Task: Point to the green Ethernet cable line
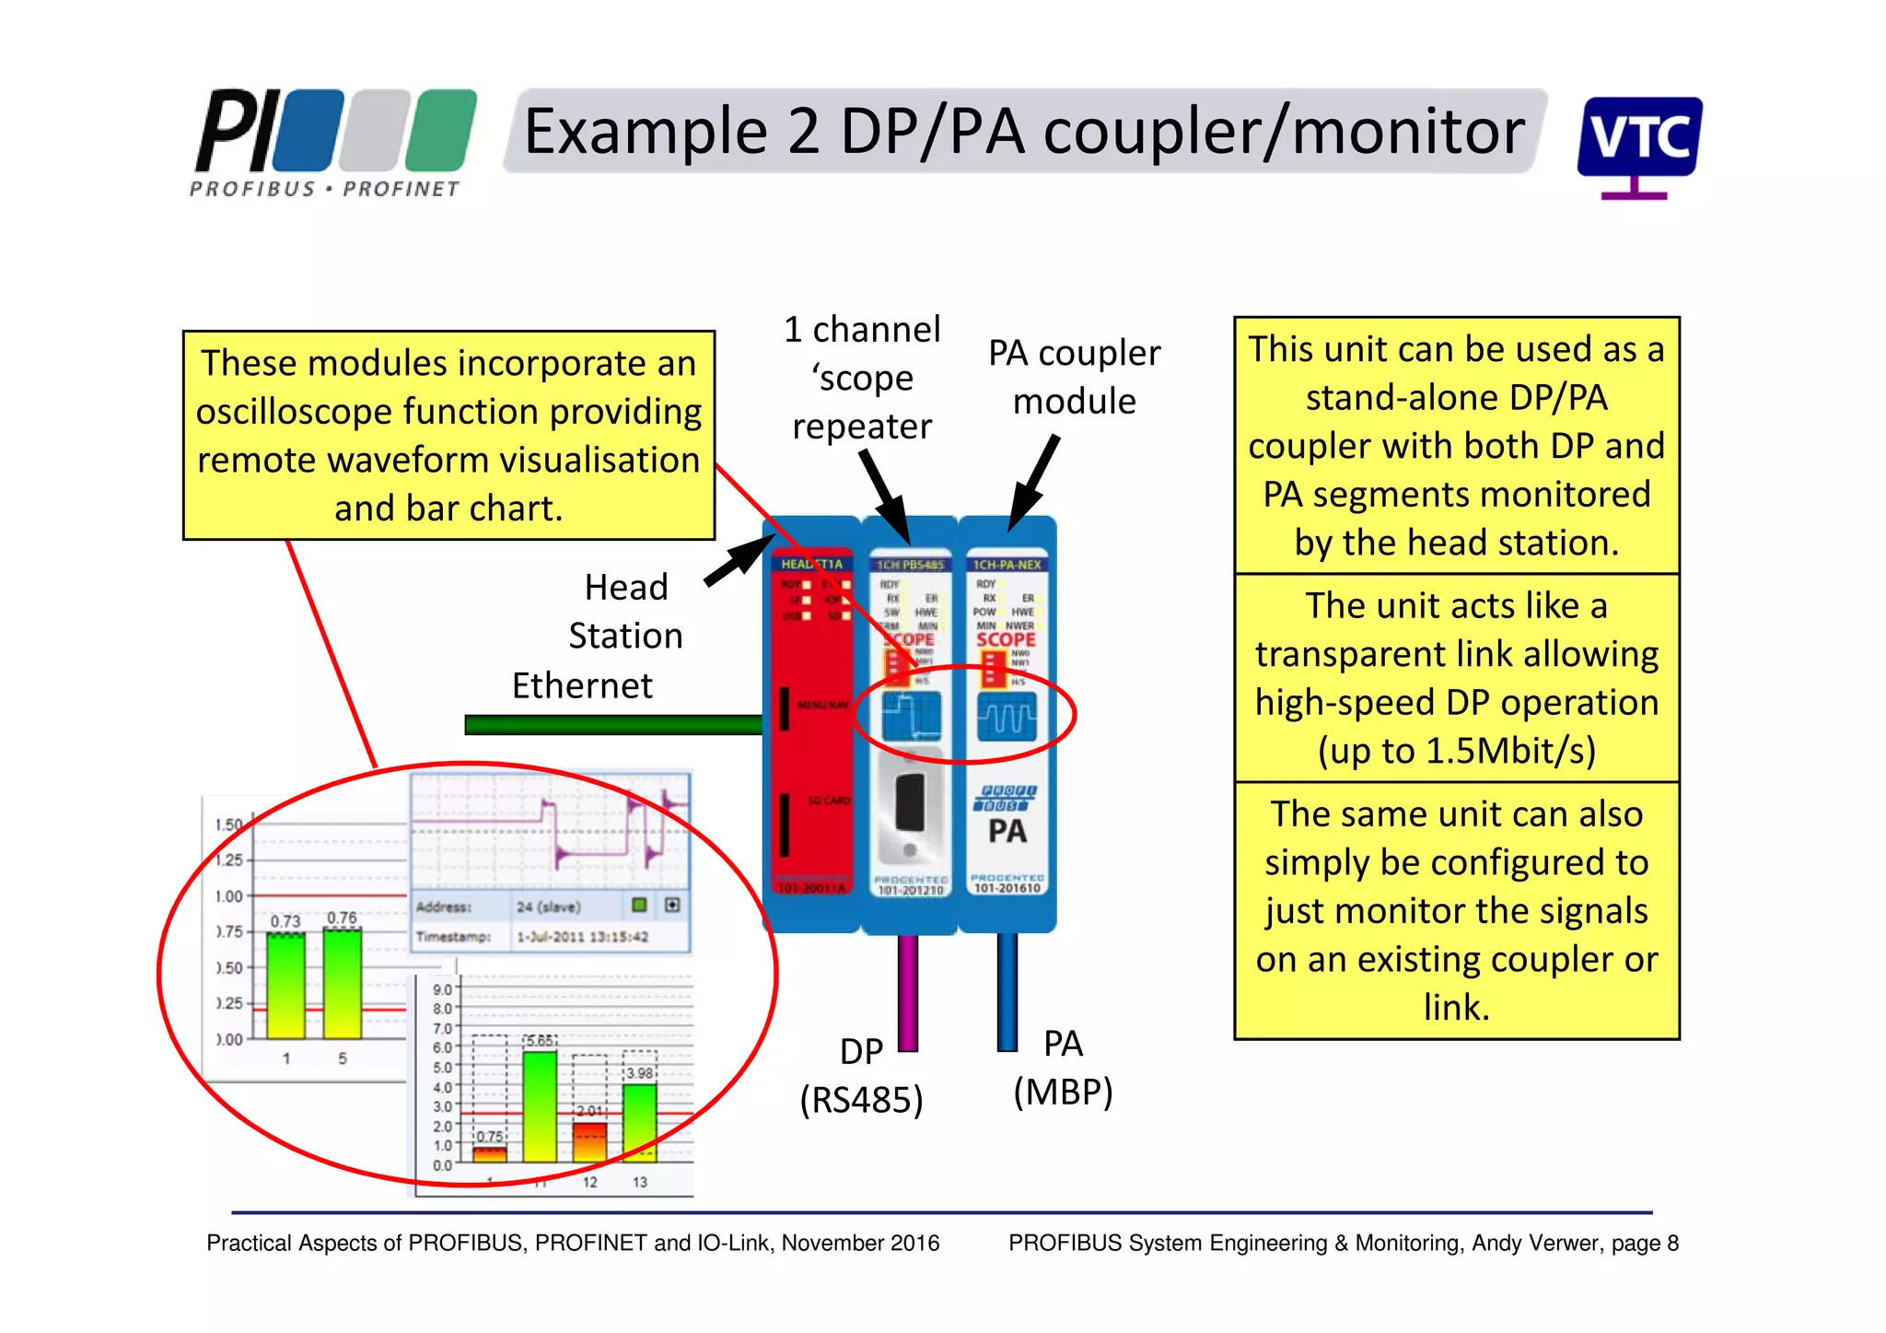612,725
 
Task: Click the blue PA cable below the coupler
1007,991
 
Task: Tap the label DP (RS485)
861,1076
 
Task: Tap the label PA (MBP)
1063,1069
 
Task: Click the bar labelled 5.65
540,1105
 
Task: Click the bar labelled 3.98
640,1121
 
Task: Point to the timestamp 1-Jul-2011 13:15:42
582,937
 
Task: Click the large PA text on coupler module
1007,831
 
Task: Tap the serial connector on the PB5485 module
910,802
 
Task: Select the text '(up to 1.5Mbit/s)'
1456,751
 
